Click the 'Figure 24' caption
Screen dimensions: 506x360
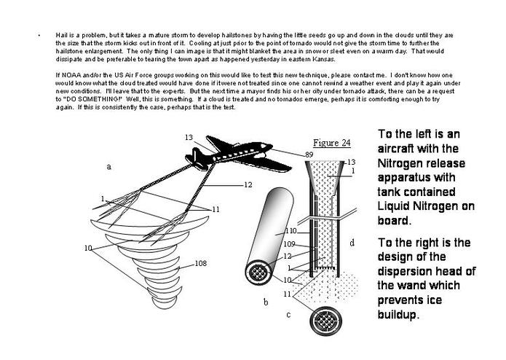(x=332, y=143)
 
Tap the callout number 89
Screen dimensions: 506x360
(x=309, y=154)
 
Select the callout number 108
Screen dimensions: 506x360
(x=200, y=264)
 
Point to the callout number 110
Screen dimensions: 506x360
(x=291, y=231)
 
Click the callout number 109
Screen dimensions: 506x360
(x=290, y=244)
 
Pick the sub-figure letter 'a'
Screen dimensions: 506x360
(x=108, y=167)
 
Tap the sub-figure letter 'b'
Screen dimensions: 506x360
(x=266, y=302)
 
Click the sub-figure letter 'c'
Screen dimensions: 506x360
(x=288, y=315)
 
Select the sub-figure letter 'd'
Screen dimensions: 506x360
(x=352, y=243)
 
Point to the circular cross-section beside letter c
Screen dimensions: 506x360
(x=326, y=321)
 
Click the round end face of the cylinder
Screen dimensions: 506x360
(x=258, y=273)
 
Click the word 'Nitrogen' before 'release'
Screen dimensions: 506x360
(x=398, y=163)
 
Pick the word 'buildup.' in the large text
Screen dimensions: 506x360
(x=398, y=315)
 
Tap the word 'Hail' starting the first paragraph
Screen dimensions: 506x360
(x=60, y=35)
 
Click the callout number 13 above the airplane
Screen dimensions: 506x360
(x=189, y=138)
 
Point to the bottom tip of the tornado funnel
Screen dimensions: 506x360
(x=165, y=308)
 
